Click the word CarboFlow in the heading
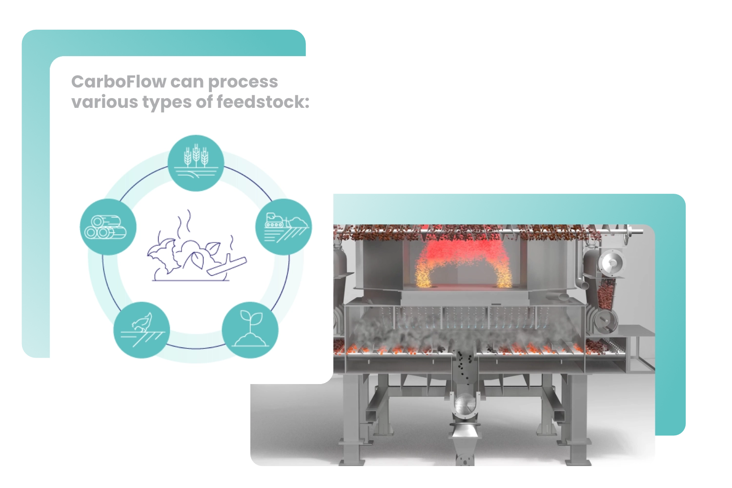119,81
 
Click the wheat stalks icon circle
196,163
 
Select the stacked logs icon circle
108,227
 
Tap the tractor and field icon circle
284,227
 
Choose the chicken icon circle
142,330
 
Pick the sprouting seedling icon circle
250,330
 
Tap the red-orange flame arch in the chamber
461,264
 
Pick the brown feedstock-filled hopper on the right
605,293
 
